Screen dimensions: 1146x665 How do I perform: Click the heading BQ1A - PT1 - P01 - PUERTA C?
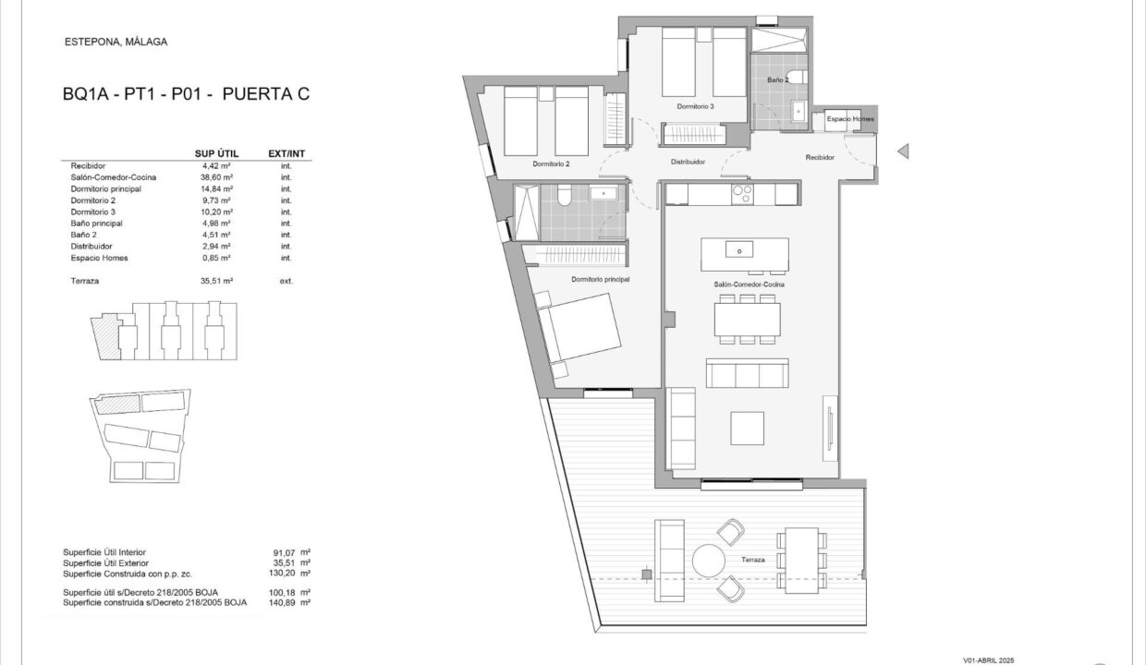point(187,94)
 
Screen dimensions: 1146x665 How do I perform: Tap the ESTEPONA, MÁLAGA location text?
point(116,42)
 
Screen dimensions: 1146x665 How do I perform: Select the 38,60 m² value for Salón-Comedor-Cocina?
point(216,177)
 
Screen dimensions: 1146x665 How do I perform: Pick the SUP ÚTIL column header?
point(216,153)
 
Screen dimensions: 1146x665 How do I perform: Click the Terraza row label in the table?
point(85,281)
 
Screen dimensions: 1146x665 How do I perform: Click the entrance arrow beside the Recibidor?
point(903,151)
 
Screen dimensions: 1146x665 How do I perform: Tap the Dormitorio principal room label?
point(600,280)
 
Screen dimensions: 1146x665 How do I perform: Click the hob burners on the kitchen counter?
point(742,194)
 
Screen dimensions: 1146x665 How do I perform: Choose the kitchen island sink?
point(739,250)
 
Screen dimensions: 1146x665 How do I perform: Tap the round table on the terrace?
point(709,561)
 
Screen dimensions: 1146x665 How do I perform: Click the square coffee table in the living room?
point(747,429)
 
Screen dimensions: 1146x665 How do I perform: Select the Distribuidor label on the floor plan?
point(689,162)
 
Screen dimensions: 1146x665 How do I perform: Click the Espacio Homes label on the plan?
point(850,119)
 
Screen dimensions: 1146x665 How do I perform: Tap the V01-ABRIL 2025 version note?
point(989,660)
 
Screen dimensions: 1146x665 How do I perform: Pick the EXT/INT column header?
point(286,153)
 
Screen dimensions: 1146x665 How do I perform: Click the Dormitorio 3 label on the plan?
point(695,107)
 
